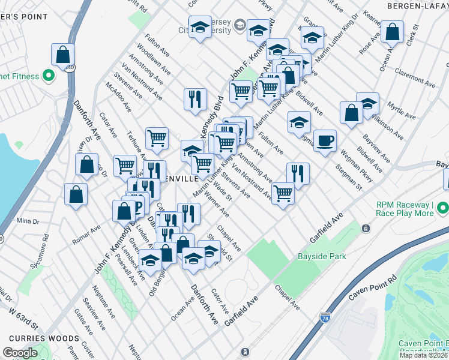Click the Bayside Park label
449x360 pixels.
click(x=322, y=257)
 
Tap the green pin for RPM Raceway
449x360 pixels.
click(x=443, y=208)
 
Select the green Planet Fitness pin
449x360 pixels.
click(x=48, y=76)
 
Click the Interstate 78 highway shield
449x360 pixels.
click(x=325, y=317)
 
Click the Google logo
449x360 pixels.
click(x=20, y=353)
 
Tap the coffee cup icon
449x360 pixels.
click(x=325, y=140)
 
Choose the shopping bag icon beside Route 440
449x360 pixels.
click(x=62, y=54)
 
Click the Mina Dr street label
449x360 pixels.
click(x=28, y=221)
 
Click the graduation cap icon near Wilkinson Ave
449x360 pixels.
click(x=367, y=103)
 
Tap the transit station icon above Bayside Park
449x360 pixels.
click(x=365, y=228)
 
